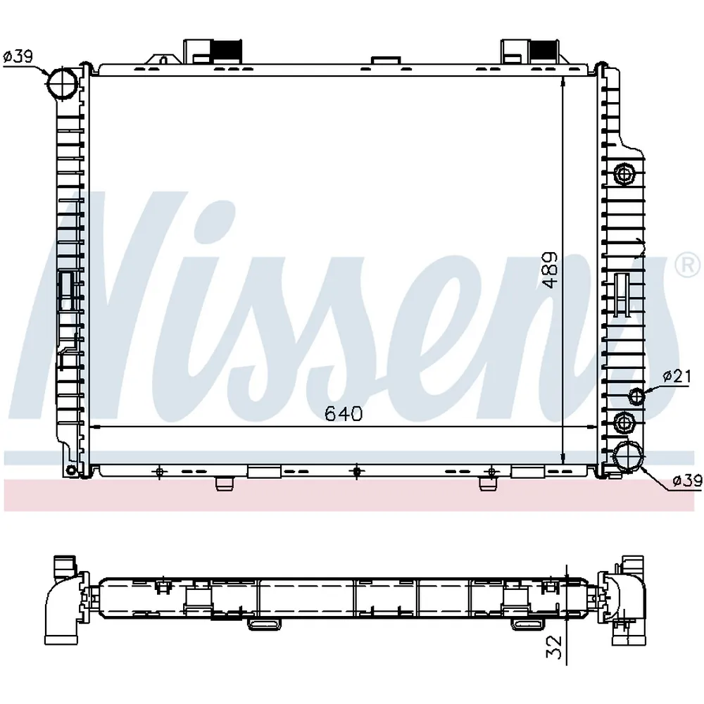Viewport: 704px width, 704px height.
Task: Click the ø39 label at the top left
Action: (18, 56)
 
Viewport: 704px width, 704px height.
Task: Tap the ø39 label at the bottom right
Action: (687, 481)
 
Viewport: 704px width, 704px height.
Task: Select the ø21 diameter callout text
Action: (677, 376)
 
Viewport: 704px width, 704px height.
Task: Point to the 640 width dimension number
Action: (344, 413)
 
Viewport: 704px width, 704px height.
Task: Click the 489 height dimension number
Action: (550, 270)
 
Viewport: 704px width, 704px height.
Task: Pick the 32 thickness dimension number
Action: (555, 647)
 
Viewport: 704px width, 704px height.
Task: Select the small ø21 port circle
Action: (636, 396)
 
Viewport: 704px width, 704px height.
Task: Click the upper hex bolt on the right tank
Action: (624, 174)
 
